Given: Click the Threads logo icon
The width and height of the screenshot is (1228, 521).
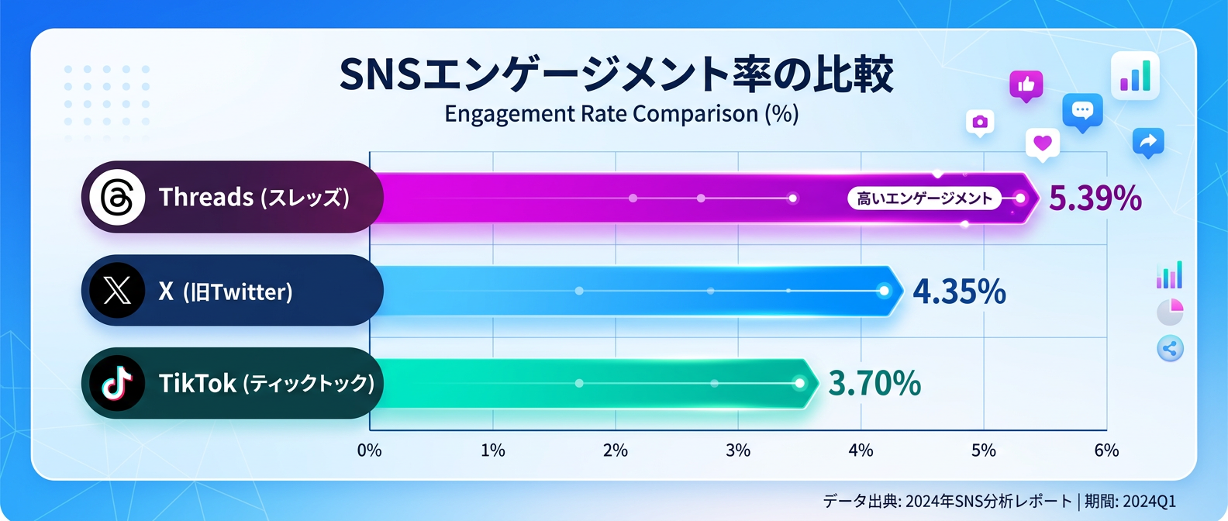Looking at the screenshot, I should (117, 197).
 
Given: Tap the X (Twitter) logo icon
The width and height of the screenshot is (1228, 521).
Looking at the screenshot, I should (117, 291).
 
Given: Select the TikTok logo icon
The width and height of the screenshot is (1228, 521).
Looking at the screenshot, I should (117, 383).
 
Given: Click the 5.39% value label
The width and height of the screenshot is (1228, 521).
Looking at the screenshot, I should (1095, 198).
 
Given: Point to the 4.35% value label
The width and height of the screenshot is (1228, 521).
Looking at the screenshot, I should (959, 292).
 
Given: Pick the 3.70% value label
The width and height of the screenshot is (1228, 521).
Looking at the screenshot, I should (874, 383).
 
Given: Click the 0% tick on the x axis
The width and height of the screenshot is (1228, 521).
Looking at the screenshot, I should (370, 450).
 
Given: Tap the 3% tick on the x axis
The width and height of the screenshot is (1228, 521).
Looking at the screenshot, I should (738, 450).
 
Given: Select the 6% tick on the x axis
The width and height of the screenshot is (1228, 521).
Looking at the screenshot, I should (1106, 450).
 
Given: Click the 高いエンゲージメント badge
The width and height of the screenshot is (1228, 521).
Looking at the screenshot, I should (924, 198).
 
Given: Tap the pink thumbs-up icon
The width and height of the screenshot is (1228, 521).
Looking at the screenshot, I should (1026, 85).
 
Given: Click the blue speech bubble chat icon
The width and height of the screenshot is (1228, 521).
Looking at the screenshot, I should (1082, 111).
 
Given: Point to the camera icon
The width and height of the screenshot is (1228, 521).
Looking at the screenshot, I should (980, 122).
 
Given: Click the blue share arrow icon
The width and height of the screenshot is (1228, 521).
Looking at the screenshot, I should (1148, 141).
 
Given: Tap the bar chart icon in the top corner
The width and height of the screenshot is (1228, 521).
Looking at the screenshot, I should (1135, 76).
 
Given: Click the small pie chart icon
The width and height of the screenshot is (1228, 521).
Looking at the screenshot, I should (1170, 312).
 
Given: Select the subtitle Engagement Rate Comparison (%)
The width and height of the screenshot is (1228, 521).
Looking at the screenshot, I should (621, 114).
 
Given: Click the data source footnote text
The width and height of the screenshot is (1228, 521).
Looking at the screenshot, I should (999, 501).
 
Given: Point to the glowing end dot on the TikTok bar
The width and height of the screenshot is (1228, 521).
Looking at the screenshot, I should (800, 383).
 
